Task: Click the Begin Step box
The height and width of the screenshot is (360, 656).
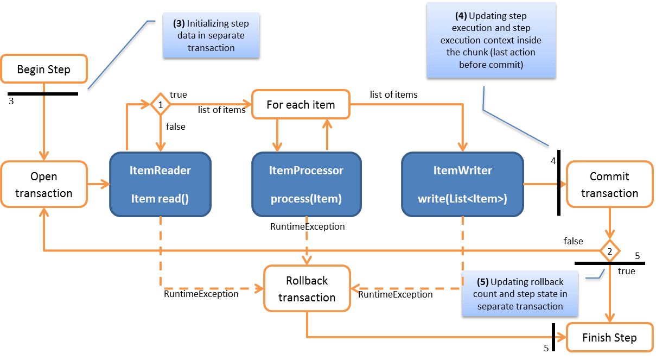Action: pos(44,70)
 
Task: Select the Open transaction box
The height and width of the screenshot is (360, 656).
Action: pos(44,185)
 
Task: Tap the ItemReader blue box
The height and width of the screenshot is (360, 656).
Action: pos(160,185)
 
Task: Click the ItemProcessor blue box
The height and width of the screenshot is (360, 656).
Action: pos(306,185)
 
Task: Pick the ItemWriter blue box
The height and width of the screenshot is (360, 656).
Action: pos(462,185)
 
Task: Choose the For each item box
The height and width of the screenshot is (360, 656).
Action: pos(301,104)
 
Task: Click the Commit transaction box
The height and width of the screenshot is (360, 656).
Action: pos(609,185)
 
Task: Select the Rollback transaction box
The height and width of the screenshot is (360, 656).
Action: pos(307,289)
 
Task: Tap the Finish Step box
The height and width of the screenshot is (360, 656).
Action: pos(609,338)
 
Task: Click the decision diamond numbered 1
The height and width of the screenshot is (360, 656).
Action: pos(160,104)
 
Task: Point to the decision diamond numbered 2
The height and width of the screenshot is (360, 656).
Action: pos(610,251)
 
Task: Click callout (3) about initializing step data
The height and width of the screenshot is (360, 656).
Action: pos(211,36)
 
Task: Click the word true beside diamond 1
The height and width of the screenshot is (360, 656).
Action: pos(178,94)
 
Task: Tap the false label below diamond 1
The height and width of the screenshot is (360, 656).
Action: pos(176,127)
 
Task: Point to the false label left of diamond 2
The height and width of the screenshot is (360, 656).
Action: pos(573,241)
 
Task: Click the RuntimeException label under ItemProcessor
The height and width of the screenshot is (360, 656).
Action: pos(308,226)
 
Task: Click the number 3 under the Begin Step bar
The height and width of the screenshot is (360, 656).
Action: pos(11,101)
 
